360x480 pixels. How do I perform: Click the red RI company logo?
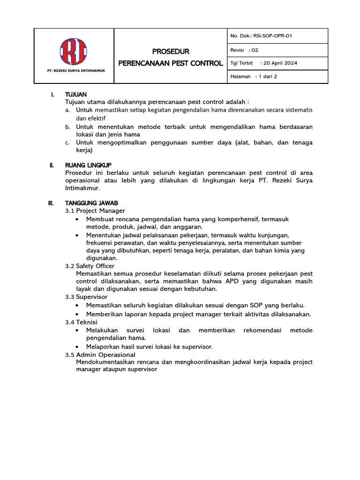click(x=74, y=51)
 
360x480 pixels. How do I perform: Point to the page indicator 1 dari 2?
click(x=266, y=76)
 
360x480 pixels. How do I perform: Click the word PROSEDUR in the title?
click(x=171, y=51)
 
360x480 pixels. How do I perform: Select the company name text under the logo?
click(x=74, y=71)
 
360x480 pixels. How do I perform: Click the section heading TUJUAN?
click(x=76, y=95)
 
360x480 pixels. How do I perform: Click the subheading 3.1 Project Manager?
click(x=95, y=211)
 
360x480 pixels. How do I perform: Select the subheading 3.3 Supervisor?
click(x=86, y=297)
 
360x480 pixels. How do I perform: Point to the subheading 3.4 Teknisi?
click(x=81, y=322)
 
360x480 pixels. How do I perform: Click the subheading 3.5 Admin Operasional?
click(x=100, y=354)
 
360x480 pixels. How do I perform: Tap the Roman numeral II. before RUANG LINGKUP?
click(x=52, y=165)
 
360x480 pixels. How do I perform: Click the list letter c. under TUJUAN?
click(x=67, y=142)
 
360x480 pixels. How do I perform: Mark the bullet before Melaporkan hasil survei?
click(x=77, y=347)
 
